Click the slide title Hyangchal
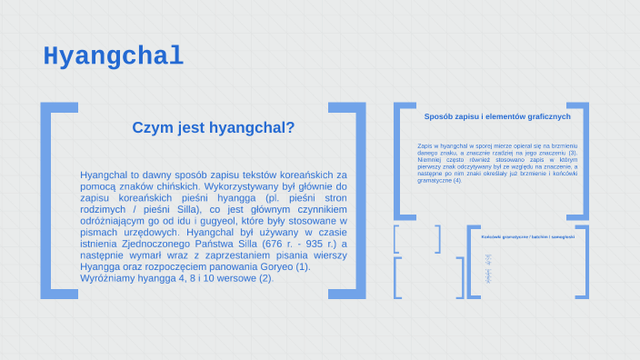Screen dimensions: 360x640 (114, 56)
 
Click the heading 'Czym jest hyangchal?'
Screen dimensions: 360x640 (214, 128)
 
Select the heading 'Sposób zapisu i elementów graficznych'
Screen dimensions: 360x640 (497, 116)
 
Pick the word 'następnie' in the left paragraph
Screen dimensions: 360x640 (105, 255)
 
